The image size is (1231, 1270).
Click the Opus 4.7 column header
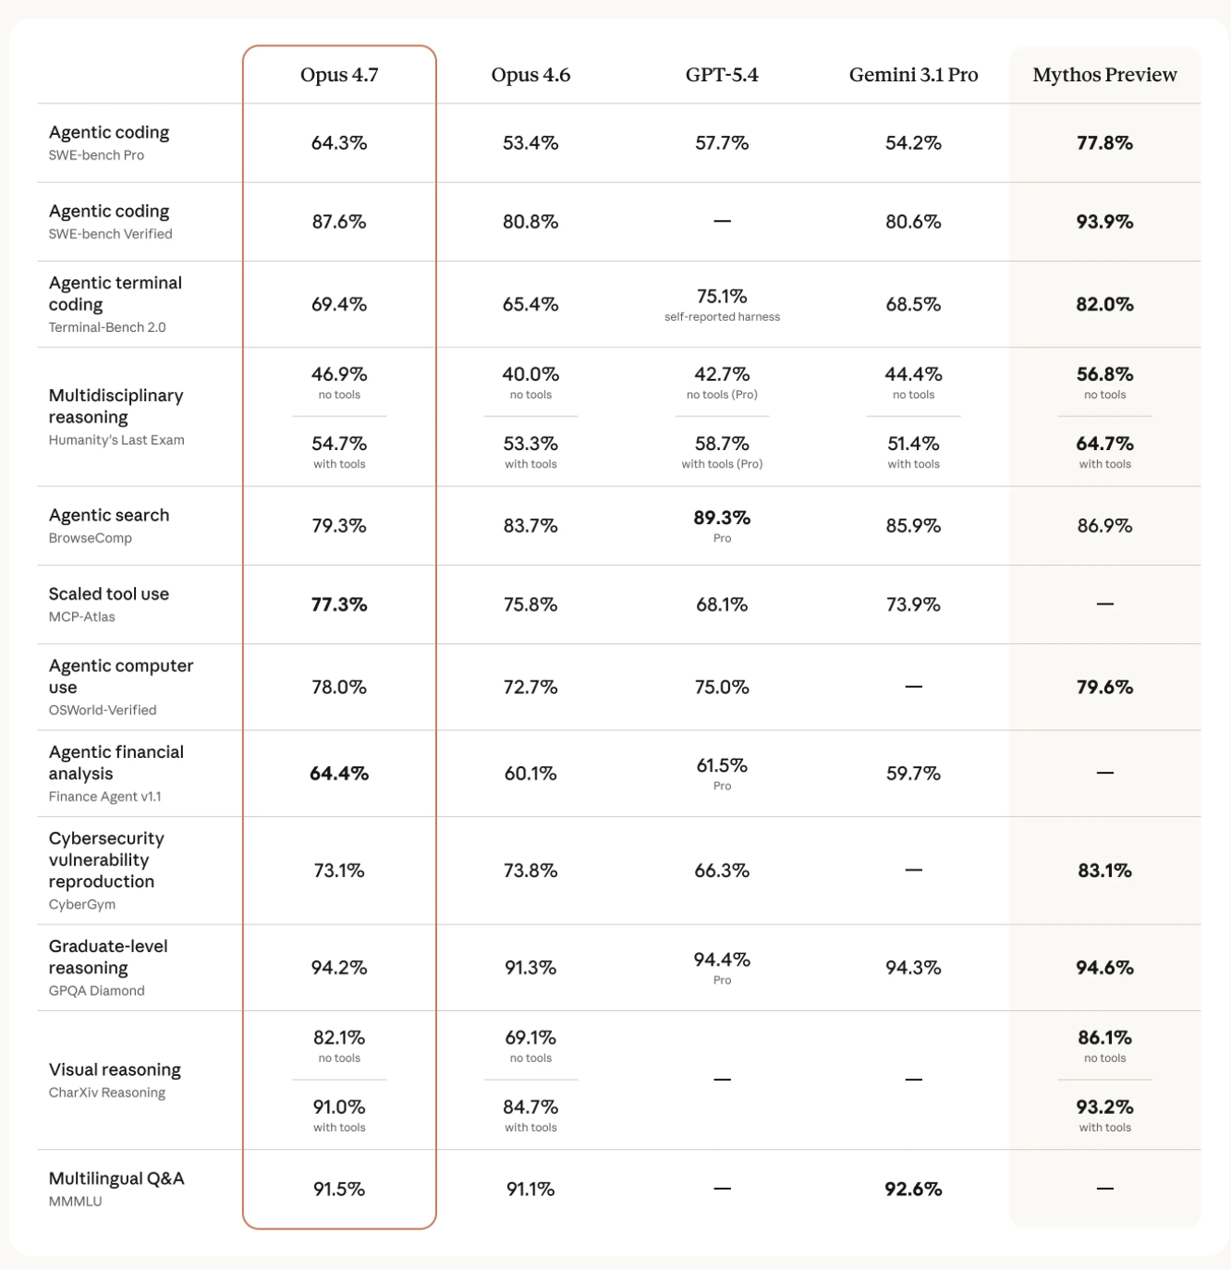[x=339, y=75]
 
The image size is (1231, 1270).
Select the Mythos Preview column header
[x=1104, y=75]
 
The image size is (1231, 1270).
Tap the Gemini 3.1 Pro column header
[x=913, y=75]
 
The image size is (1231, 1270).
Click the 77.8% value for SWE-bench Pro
[x=1104, y=143]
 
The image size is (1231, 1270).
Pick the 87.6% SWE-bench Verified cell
[x=339, y=222]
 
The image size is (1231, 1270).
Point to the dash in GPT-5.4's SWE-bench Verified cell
[x=722, y=222]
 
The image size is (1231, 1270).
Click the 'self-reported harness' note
[x=722, y=317]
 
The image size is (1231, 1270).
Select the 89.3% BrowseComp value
[x=722, y=518]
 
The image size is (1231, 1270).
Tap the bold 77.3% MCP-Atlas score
[x=339, y=604]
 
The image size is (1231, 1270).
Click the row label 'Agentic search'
[x=109, y=515]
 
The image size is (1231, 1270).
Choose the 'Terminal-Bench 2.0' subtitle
[x=107, y=327]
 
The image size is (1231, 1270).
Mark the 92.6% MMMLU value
[x=913, y=1190]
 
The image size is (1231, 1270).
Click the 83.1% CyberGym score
[x=1104, y=871]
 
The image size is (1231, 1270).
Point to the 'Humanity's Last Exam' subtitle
[x=116, y=440]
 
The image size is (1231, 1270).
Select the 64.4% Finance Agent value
[x=339, y=774]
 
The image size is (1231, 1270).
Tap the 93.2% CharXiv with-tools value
[x=1104, y=1107]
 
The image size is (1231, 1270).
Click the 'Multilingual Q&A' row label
[x=116, y=1178]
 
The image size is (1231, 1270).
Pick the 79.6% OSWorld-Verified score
[x=1104, y=688]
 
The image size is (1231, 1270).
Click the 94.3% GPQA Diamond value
[x=913, y=968]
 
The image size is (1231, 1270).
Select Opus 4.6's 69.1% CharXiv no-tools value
[x=530, y=1038]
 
